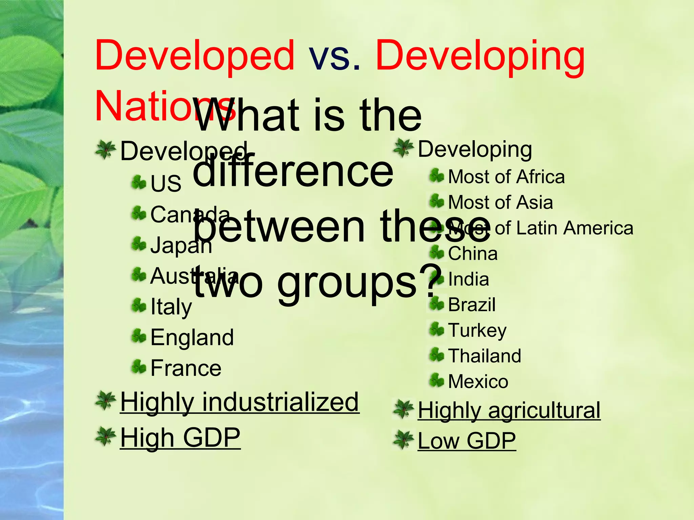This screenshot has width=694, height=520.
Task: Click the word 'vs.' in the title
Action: click(334, 56)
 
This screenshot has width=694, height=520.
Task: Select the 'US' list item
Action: click(166, 183)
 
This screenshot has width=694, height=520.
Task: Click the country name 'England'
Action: click(192, 338)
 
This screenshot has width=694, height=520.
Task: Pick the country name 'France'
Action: click(186, 368)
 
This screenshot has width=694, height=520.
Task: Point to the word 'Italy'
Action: click(171, 307)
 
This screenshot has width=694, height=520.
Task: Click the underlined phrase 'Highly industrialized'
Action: click(239, 402)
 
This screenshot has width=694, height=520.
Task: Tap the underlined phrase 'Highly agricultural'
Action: click(509, 410)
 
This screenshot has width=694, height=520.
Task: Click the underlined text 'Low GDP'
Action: click(467, 441)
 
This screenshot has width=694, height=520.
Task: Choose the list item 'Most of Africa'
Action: click(506, 177)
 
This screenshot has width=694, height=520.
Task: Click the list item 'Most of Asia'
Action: click(501, 202)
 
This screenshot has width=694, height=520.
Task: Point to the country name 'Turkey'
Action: click(477, 330)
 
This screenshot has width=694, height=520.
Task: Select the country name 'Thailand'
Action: click(485, 356)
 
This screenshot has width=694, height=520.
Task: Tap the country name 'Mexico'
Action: click(478, 382)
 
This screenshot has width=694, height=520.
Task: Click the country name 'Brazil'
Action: click(472, 305)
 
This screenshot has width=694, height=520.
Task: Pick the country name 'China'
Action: click(473, 254)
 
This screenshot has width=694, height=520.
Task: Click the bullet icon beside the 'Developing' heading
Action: click(403, 148)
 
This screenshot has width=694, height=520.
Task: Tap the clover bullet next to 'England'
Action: click(139, 336)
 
